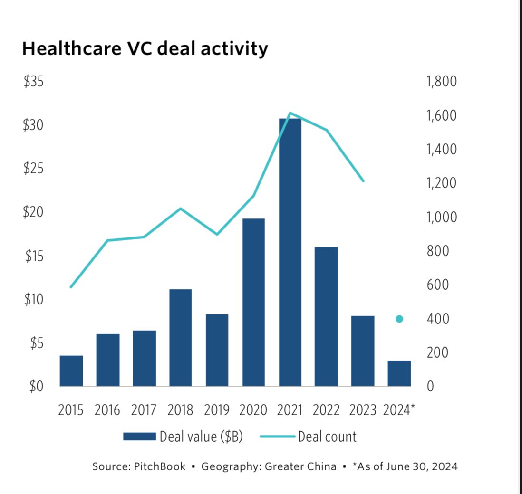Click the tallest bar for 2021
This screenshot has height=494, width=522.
coord(290,252)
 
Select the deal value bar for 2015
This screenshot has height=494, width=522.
coord(71,371)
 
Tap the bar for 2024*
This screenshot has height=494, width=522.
coord(399,374)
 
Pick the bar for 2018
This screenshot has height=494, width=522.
coord(181,338)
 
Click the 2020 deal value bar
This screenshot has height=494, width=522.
coord(253,302)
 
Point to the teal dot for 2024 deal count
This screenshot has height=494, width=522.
coord(399,319)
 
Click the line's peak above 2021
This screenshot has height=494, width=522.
coord(290,113)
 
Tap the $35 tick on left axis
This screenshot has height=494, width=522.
coord(33,82)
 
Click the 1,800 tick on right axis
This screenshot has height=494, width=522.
coord(442,82)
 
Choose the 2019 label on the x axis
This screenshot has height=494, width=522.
coord(217,410)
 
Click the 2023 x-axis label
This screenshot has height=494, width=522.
coord(363,410)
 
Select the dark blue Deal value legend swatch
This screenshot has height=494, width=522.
coord(139,436)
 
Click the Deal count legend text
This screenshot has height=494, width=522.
coord(327,436)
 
